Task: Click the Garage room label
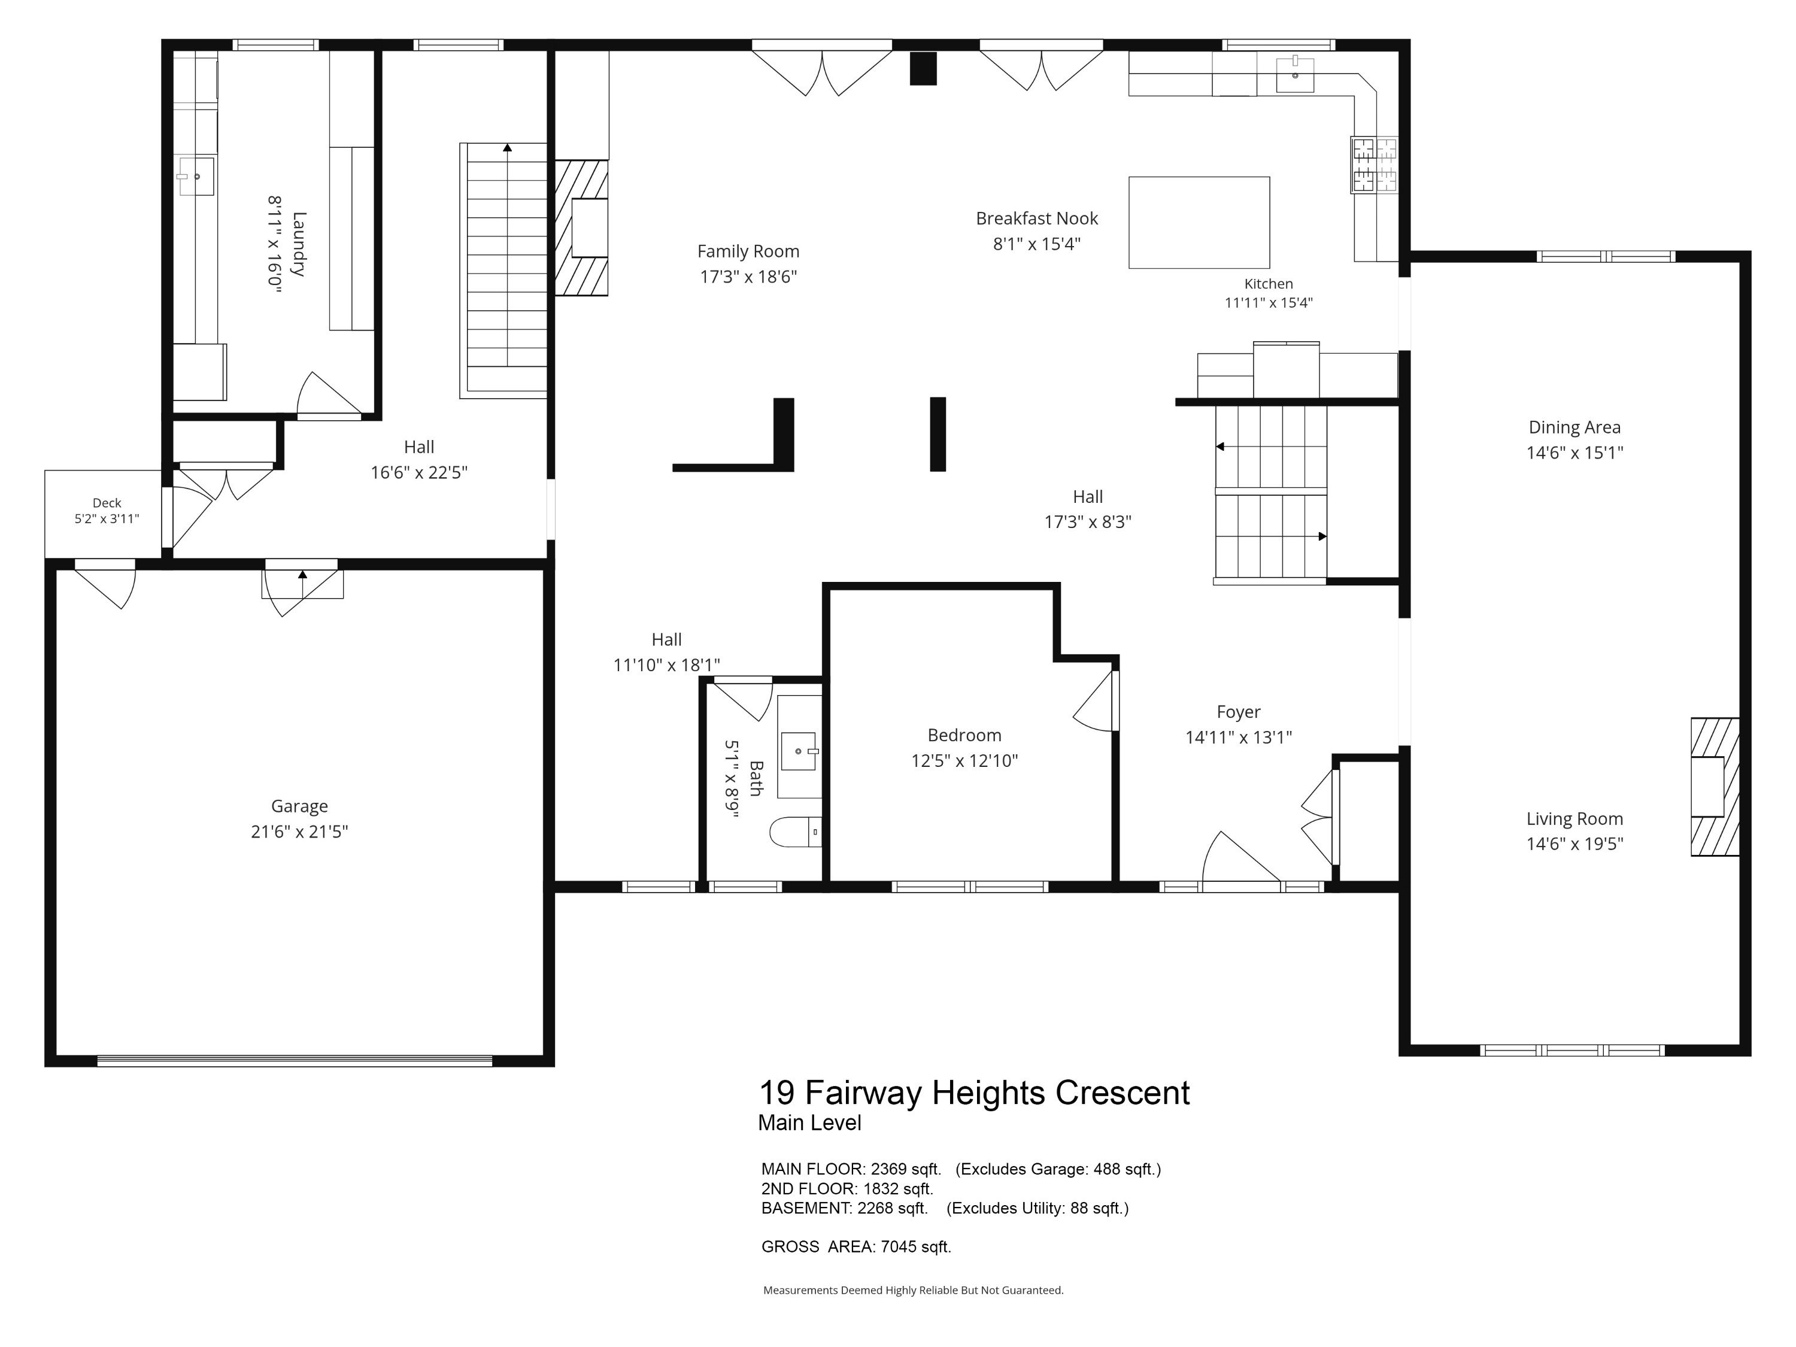(x=299, y=806)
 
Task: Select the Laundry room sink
(x=196, y=176)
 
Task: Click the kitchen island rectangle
(x=1199, y=223)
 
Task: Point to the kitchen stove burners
(x=1375, y=165)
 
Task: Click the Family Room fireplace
(x=581, y=227)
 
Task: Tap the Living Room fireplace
(x=1715, y=787)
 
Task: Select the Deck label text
(x=107, y=503)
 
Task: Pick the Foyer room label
(x=1238, y=712)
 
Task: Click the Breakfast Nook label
(x=1037, y=219)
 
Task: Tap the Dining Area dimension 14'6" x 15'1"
(x=1574, y=452)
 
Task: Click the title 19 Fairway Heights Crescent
(x=974, y=1092)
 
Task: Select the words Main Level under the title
(x=809, y=1123)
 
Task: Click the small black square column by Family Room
(x=923, y=68)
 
